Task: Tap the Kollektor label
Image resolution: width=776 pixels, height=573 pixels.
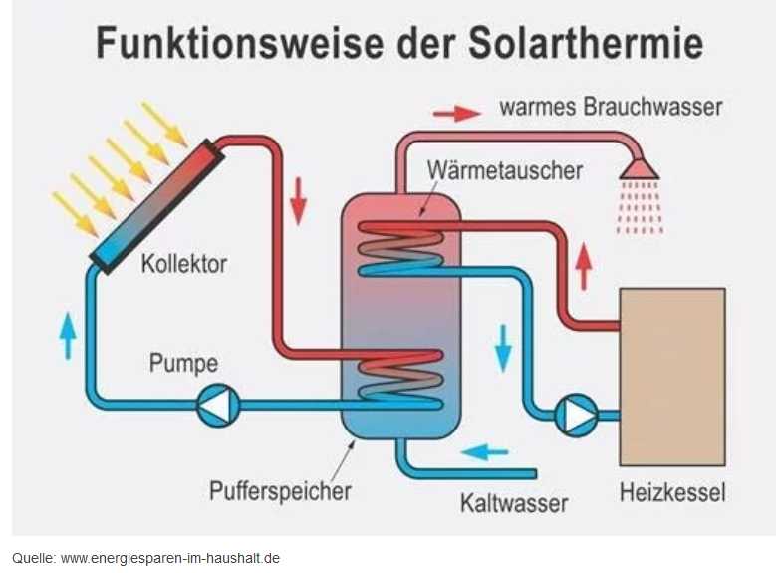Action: coord(184,264)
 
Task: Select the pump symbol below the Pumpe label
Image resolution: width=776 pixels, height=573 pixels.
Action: coord(217,406)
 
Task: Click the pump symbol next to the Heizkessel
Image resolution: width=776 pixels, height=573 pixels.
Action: coord(576,415)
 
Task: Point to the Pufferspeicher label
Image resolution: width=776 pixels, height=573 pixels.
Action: coord(280,490)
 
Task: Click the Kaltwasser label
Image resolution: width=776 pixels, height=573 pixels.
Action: coord(513,501)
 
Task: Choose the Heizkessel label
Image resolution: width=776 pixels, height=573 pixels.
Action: coord(672,492)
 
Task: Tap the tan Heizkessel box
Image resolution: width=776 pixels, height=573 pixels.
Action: coord(671,377)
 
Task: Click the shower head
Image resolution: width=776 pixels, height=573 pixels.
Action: coord(639,169)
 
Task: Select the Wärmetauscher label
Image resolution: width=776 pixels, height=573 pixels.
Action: coord(504,169)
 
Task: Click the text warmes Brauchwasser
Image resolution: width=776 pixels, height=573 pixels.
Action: coord(610,107)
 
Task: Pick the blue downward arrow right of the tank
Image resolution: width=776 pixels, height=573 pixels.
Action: coord(503,346)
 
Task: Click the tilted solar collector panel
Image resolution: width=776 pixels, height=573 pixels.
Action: coord(155,205)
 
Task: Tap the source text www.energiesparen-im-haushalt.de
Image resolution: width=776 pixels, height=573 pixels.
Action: coord(170,558)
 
